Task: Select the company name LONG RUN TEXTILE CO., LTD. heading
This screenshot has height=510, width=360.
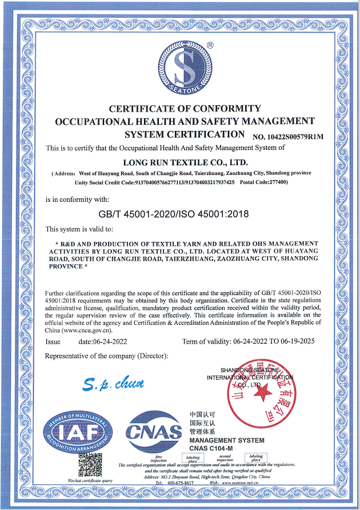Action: pyautogui.click(x=181, y=162)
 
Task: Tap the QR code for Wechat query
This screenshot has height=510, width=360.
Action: pyautogui.click(x=90, y=465)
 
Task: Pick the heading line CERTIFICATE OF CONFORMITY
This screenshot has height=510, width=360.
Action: pyautogui.click(x=185, y=109)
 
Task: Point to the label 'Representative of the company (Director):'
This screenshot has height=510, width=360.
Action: pyautogui.click(x=107, y=356)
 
